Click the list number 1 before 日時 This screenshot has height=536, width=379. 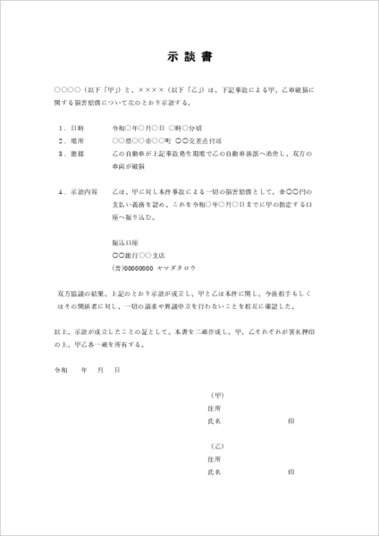click(x=61, y=128)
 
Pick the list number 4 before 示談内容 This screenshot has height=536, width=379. click(x=61, y=192)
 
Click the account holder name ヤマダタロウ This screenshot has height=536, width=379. click(x=177, y=269)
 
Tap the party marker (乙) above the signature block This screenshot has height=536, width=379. click(x=215, y=446)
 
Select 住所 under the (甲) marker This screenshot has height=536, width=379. click(x=215, y=406)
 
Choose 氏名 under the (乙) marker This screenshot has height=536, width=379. click(x=215, y=471)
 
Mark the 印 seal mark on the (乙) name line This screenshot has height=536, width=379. click(x=291, y=471)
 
